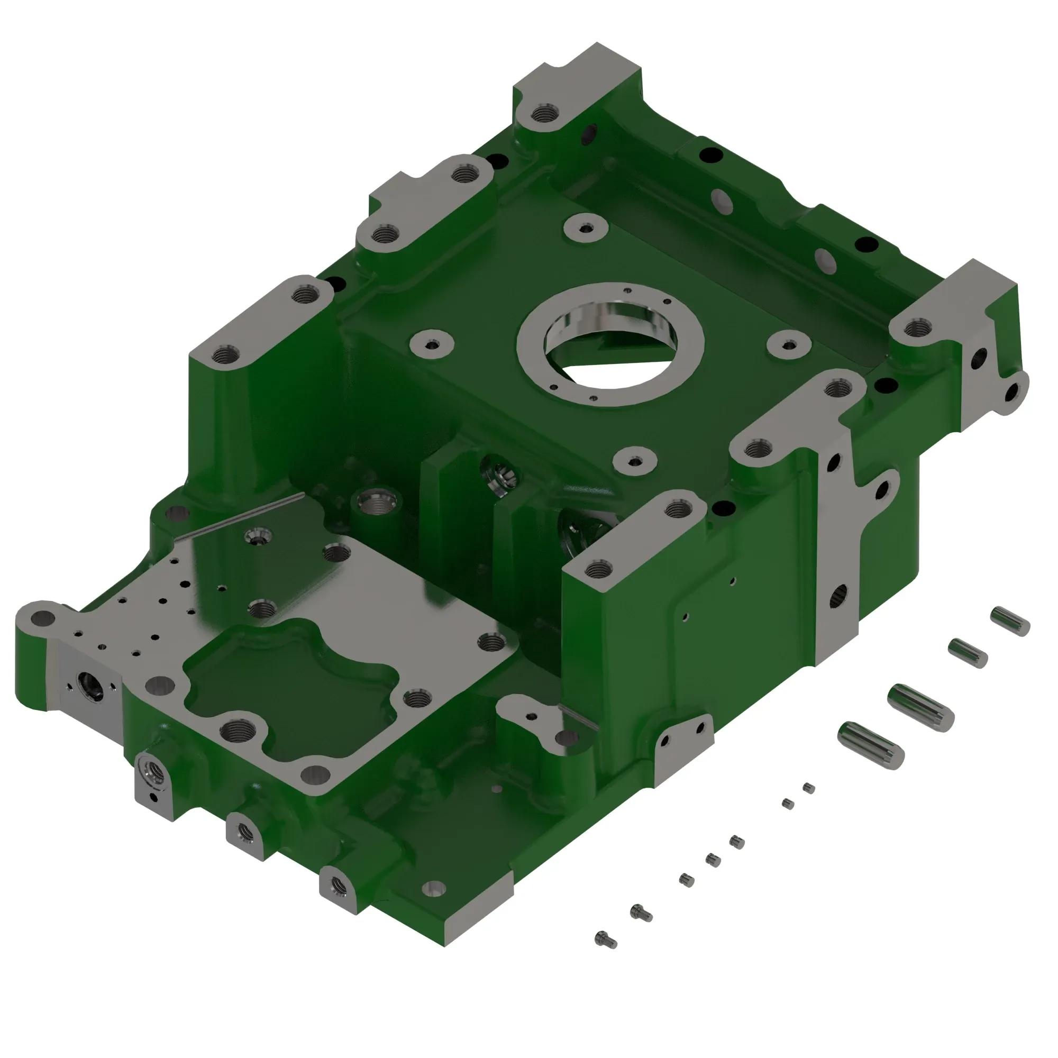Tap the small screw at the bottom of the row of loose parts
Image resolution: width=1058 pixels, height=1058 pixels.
[605, 940]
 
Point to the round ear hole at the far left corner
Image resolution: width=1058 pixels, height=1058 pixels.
[43, 619]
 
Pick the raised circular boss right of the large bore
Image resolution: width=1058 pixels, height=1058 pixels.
[789, 344]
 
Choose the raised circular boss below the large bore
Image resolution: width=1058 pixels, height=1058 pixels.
[635, 461]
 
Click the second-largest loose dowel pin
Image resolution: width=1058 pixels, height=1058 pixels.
[871, 742]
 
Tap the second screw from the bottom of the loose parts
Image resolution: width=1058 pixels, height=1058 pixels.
[641, 912]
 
